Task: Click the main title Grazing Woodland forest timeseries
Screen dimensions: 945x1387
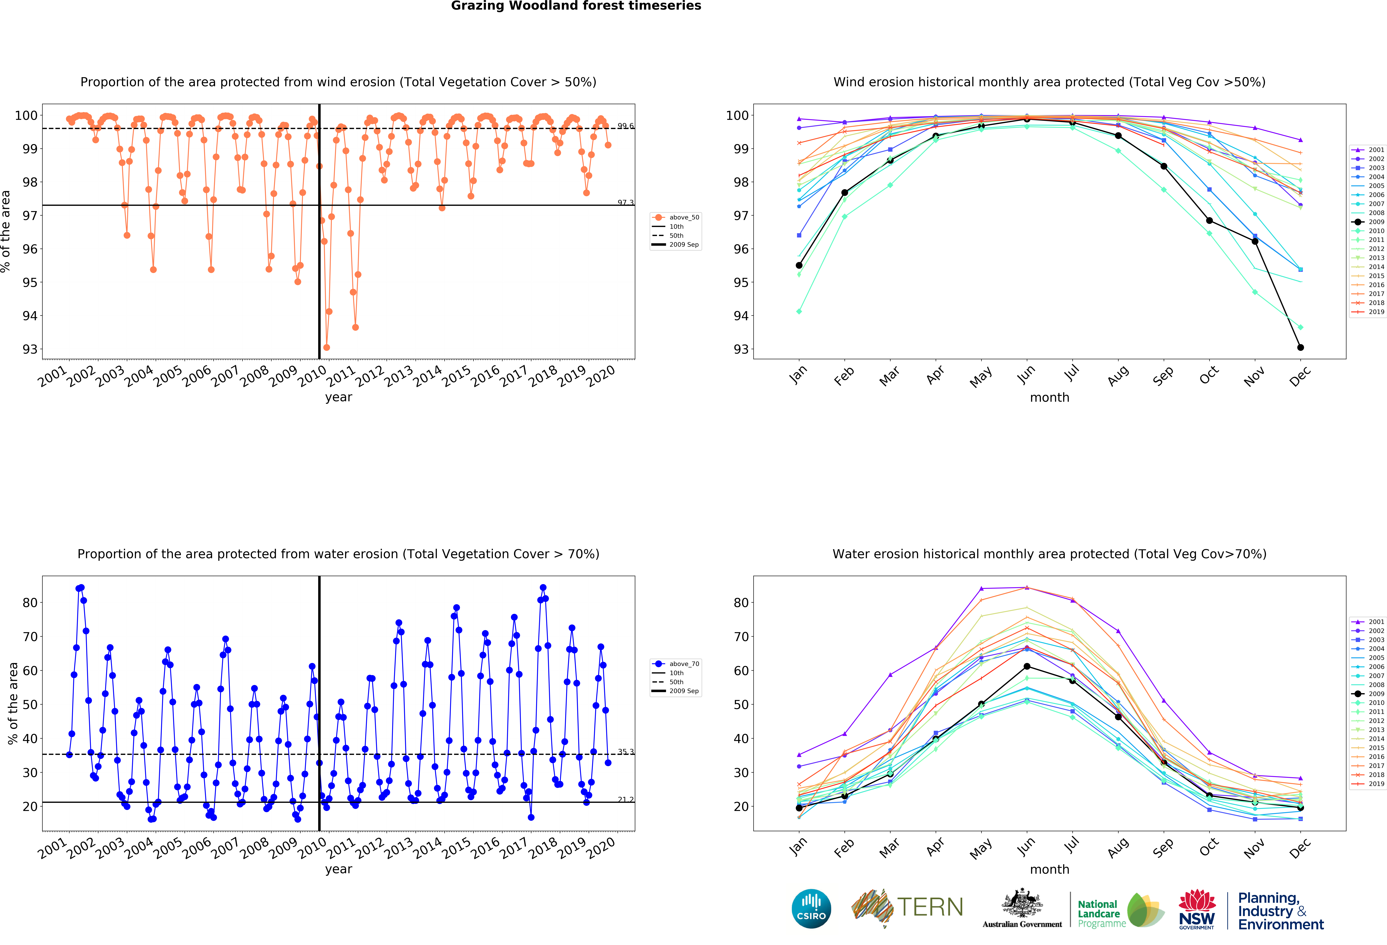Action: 576,6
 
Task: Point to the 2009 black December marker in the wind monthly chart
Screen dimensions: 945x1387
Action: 1300,347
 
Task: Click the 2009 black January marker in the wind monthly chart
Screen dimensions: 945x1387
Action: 799,265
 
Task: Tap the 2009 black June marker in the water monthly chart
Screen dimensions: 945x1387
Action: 1027,666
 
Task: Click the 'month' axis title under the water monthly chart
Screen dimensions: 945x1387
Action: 1049,869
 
